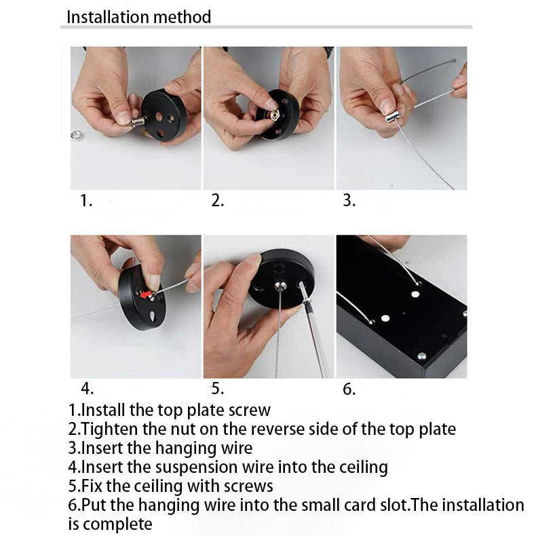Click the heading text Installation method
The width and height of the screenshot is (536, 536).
coord(139,17)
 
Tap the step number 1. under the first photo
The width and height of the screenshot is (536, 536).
coord(86,200)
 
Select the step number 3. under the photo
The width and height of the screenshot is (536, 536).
coord(349,200)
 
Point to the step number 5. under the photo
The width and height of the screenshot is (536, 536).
coord(217,389)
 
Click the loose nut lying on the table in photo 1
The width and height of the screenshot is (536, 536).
coord(76,136)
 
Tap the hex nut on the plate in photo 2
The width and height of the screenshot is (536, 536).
coord(274,115)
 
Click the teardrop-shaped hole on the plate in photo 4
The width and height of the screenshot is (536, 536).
coord(152,315)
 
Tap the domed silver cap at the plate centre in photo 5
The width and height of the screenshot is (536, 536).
coord(280,285)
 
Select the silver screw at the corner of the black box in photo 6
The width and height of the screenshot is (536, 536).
coord(421,356)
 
